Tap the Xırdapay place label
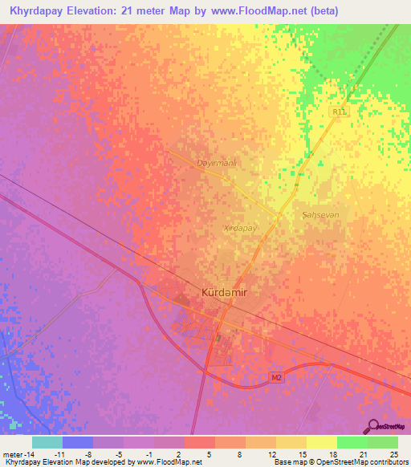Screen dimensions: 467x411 [238, 229]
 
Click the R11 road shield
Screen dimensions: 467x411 [340, 112]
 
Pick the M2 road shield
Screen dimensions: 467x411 [275, 376]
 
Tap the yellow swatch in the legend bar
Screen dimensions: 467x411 [321, 442]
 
